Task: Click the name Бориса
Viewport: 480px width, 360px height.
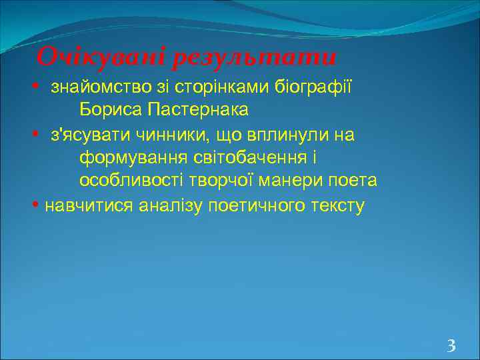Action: click(x=110, y=109)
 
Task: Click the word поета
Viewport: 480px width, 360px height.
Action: click(x=356, y=181)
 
